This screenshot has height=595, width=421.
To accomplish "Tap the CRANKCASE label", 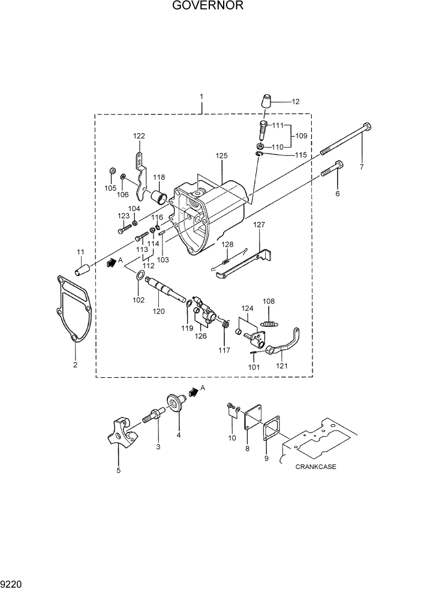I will tap(315, 467).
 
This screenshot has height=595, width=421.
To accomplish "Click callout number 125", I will tap(222, 156).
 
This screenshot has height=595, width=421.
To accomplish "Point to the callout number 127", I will tap(258, 224).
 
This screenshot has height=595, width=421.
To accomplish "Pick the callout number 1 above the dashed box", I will tap(202, 96).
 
